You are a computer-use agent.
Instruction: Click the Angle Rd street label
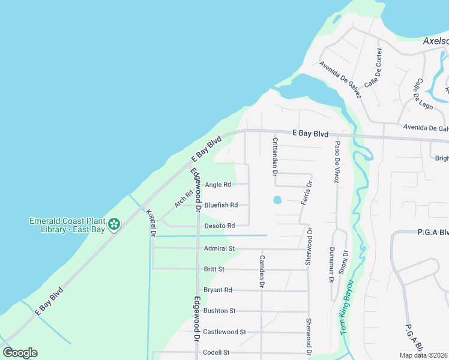(x=218, y=185)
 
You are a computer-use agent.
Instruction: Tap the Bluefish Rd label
(x=221, y=205)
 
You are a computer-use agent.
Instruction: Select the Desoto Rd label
(x=218, y=226)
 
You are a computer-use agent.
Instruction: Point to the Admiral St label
(x=218, y=248)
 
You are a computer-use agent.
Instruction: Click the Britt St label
(x=214, y=269)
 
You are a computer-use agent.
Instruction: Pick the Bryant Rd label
(x=217, y=290)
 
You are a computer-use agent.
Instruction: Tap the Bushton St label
(x=219, y=311)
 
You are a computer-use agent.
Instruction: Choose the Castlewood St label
(x=224, y=332)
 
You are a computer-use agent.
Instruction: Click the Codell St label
(x=217, y=353)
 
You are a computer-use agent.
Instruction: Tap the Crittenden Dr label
(x=275, y=156)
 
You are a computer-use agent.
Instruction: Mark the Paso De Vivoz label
(x=337, y=162)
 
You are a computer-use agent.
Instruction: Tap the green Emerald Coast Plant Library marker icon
(x=114, y=224)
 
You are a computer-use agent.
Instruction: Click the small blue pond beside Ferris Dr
(x=277, y=200)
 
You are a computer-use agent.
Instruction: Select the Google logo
(x=20, y=353)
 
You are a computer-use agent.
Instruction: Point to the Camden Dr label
(x=262, y=271)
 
